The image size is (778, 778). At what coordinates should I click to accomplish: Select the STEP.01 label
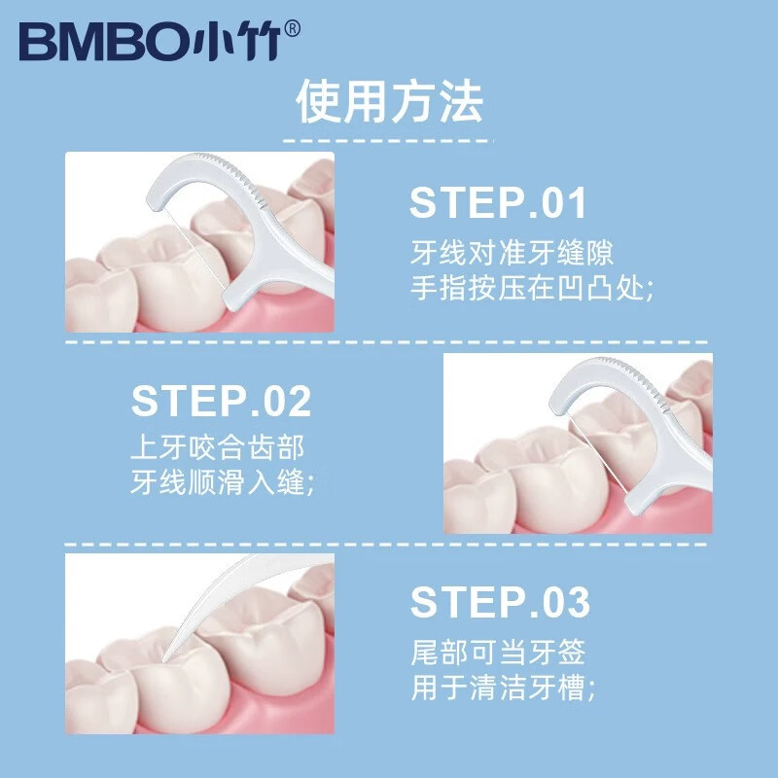pyautogui.click(x=499, y=204)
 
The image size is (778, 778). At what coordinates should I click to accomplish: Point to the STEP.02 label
pyautogui.click(x=222, y=401)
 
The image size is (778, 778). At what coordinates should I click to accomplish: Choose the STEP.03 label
pyautogui.click(x=500, y=603)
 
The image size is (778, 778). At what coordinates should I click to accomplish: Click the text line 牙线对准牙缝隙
pyautogui.click(x=512, y=255)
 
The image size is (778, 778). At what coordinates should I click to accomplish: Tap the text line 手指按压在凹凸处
pyautogui.click(x=529, y=288)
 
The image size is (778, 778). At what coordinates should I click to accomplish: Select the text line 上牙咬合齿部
pyautogui.click(x=218, y=448)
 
